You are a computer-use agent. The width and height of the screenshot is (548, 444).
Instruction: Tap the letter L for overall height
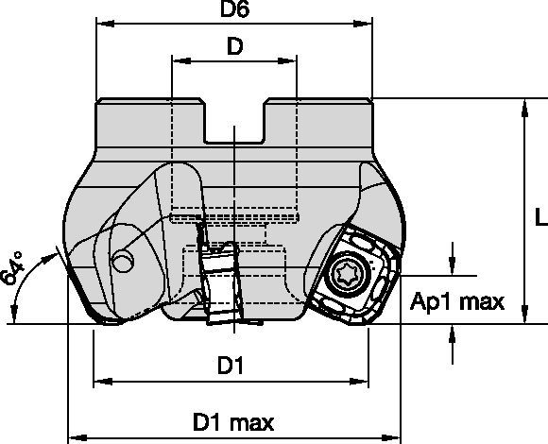click(538, 217)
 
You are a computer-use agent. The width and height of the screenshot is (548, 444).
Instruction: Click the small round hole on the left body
click(121, 263)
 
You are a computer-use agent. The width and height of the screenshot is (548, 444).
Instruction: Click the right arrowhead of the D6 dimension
click(368, 28)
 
